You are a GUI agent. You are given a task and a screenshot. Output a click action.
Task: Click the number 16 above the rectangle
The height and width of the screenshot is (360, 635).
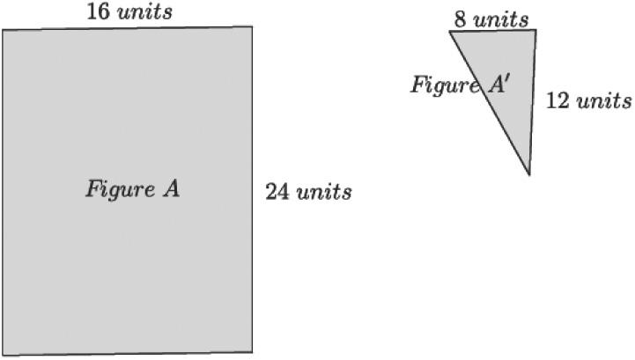tap(98, 11)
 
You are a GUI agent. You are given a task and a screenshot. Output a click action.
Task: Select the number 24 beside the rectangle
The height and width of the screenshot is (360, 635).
tap(278, 191)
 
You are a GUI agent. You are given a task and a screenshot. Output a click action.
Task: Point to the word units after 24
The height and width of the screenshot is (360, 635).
tap(323, 192)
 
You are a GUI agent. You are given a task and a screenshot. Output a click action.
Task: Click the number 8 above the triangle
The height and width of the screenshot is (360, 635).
tap(461, 18)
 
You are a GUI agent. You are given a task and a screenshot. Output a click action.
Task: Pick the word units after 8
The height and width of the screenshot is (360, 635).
tap(501, 19)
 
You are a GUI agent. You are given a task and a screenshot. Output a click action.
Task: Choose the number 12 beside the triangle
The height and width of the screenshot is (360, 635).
tap(558, 100)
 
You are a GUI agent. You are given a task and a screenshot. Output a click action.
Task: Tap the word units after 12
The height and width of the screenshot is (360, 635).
tap(603, 101)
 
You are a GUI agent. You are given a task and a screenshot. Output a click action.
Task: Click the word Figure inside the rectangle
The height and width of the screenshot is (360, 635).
tap(116, 189)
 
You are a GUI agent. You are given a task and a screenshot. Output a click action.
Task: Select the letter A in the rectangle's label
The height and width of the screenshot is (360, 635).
tap(171, 188)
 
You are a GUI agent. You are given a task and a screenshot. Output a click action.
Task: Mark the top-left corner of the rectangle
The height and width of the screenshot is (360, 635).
tap(3, 28)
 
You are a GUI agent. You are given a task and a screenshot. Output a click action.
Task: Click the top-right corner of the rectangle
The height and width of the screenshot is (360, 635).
tap(252, 27)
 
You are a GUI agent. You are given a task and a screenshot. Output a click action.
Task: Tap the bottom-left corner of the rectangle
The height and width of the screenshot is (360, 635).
tap(3, 354)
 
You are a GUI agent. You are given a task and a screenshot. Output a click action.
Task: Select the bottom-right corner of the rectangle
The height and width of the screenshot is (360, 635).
tap(252, 354)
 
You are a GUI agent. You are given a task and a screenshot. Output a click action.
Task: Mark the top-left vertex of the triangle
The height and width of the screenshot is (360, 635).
tap(450, 32)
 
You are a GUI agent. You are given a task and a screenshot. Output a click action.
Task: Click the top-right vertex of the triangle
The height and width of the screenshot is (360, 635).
tap(535, 31)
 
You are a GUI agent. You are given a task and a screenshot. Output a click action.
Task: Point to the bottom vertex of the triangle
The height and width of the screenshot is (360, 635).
tap(528, 174)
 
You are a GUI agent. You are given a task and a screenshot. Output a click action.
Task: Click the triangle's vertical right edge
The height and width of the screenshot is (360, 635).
tap(532, 101)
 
